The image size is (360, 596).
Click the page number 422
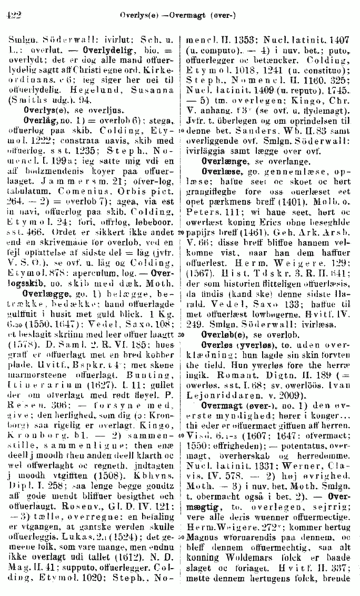(x=11, y=16)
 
